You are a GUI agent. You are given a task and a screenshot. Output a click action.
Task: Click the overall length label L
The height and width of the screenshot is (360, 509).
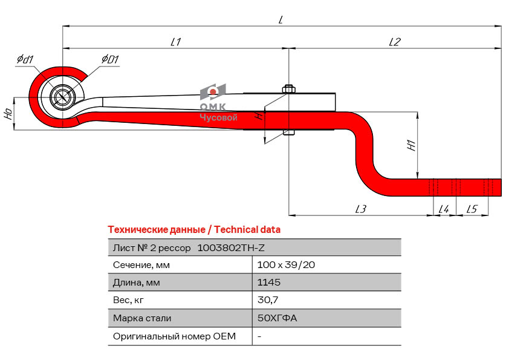coord(281,19)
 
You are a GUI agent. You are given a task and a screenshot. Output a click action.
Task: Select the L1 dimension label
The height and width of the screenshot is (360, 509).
coord(176,42)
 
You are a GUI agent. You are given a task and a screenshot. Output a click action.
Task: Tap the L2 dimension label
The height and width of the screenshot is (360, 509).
coord(395,42)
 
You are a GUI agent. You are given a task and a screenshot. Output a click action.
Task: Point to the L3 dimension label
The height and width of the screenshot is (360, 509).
coord(361,209)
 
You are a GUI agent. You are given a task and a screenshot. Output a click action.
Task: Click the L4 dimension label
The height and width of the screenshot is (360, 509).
coord(443,209)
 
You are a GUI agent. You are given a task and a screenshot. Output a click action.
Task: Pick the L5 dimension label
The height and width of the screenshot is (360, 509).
coord(472,209)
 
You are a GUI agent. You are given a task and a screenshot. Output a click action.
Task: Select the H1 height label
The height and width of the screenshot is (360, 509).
coord(410,145)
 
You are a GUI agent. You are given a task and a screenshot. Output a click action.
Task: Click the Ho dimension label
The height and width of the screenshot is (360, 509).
coord(8,113)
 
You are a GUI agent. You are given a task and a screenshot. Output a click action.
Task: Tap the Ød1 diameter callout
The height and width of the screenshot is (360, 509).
coord(25,59)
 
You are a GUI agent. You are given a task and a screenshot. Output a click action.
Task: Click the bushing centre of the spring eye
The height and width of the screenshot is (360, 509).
coord(62,97)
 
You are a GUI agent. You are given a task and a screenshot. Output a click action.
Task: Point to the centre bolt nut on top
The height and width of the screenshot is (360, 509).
coord(288,89)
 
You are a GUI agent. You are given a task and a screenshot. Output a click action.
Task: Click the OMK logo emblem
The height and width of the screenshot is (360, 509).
coord(213,93)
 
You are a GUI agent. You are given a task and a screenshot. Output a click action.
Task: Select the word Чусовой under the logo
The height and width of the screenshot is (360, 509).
coord(218,118)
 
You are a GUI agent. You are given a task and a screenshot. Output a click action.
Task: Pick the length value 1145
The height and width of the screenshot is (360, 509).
coord(269,283)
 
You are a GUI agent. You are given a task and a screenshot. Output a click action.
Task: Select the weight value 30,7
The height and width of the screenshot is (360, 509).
coord(267,300)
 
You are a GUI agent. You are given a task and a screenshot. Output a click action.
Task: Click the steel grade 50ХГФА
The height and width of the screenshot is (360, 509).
coord(277,318)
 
